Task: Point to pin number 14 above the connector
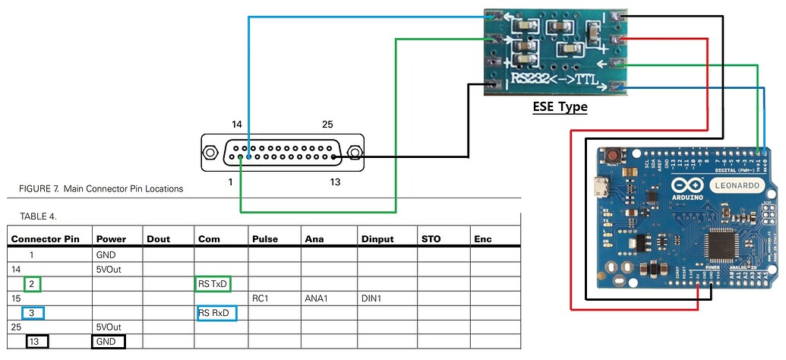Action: point(237,124)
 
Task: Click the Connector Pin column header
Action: point(45,239)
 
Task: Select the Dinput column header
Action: point(377,239)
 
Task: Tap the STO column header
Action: point(431,239)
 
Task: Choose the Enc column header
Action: point(482,239)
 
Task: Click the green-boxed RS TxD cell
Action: point(213,284)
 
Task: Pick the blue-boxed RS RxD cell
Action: point(216,312)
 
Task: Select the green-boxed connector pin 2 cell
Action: point(31,284)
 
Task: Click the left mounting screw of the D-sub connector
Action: point(211,154)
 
